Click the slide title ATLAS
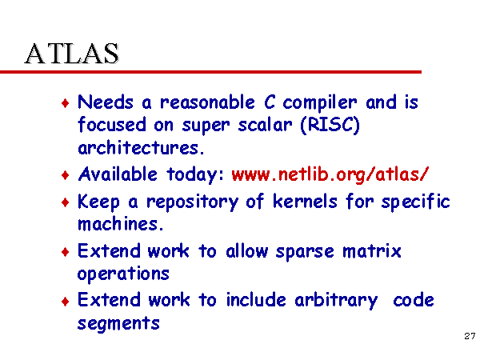click(x=72, y=54)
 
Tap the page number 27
click(x=470, y=336)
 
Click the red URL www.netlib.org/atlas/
click(x=330, y=174)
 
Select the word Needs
click(x=106, y=102)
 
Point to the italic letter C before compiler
click(x=270, y=102)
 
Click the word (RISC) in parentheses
click(x=330, y=125)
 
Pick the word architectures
click(x=141, y=147)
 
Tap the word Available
click(x=118, y=174)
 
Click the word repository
click(x=192, y=202)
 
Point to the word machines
click(x=121, y=224)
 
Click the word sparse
click(x=305, y=252)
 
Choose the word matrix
click(x=372, y=251)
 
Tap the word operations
click(x=123, y=274)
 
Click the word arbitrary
click(x=336, y=300)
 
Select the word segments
click(x=118, y=323)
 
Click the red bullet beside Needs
click(x=66, y=103)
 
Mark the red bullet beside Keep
click(x=66, y=202)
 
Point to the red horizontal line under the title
click(x=210, y=72)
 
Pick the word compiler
click(x=319, y=102)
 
